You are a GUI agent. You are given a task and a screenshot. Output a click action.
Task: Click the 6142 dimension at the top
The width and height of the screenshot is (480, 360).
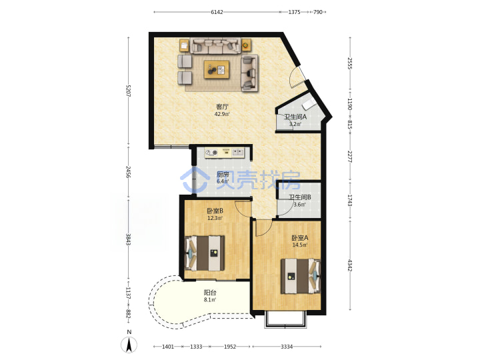coord(217,12)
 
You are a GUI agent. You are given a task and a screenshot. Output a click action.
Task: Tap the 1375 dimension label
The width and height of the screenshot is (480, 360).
coord(294,12)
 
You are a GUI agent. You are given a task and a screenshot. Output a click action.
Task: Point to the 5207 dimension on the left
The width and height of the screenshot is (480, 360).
coord(128,91)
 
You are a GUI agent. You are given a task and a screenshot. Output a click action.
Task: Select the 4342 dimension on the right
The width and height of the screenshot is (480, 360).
coord(350,265)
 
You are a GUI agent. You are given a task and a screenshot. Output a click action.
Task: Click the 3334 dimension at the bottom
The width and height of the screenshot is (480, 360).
coord(287,347)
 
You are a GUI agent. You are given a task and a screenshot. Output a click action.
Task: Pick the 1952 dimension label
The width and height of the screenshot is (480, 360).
coord(230,347)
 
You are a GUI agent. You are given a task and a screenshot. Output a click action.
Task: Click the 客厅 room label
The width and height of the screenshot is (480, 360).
coord(222,107)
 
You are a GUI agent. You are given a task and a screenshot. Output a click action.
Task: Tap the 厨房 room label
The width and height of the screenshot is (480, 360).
coord(223,175)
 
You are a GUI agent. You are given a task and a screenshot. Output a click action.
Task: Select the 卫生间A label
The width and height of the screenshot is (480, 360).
coord(295,117)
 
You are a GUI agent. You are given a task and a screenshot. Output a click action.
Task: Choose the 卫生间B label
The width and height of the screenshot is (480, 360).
coord(300,197)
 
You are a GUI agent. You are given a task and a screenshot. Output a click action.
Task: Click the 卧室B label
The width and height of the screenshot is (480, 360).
coord(215,211)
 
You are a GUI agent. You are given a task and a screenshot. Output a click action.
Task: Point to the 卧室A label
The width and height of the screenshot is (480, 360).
coord(300,237)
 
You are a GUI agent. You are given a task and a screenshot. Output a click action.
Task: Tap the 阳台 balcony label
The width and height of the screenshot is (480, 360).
coord(210,293)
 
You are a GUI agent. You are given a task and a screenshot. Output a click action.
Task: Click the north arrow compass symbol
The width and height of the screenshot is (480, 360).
coord(129,345)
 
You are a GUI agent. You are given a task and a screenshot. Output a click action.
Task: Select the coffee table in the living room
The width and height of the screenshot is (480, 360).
coord(217,69)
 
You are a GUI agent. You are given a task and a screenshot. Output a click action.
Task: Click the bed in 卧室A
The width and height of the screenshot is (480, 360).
coord(301,276)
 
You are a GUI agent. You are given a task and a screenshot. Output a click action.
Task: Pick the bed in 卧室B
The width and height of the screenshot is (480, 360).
coord(204,253)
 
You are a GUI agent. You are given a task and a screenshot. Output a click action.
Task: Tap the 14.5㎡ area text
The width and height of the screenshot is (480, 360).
coord(300,245)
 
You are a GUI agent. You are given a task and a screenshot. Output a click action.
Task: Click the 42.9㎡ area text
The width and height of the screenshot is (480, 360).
coord(222,114)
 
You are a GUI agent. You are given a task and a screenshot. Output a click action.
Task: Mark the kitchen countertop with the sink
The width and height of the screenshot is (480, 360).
coord(225,153)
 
